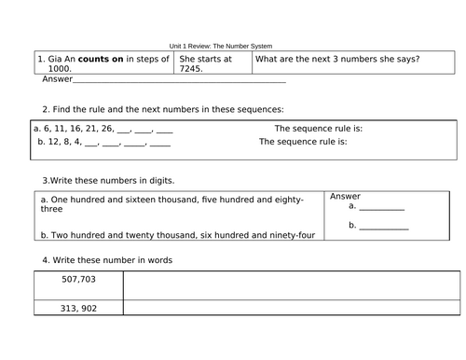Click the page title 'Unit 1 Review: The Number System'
[x=232, y=46]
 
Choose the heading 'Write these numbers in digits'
[x=108, y=179]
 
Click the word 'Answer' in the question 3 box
[x=346, y=197]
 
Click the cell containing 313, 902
[x=78, y=309]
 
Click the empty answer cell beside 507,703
[x=291, y=284]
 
